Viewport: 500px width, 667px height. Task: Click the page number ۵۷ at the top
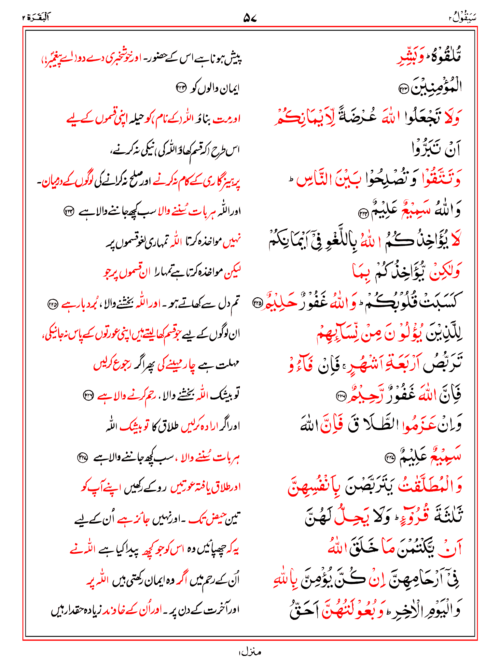[250, 18]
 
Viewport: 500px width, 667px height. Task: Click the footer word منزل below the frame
[250, 652]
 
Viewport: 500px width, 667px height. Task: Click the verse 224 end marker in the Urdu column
[69, 212]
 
